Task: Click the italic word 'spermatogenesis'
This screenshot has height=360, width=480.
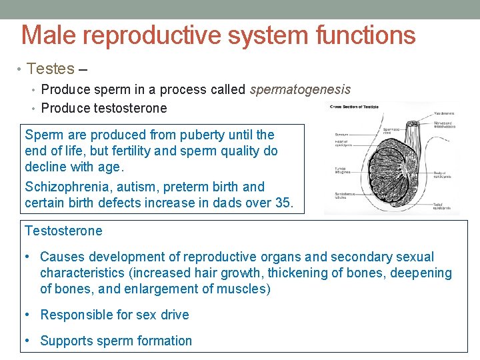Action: pyautogui.click(x=300, y=89)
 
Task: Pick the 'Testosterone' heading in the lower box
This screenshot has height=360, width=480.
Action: pyautogui.click(x=63, y=231)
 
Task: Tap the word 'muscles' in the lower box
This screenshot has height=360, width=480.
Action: pyautogui.click(x=244, y=289)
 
